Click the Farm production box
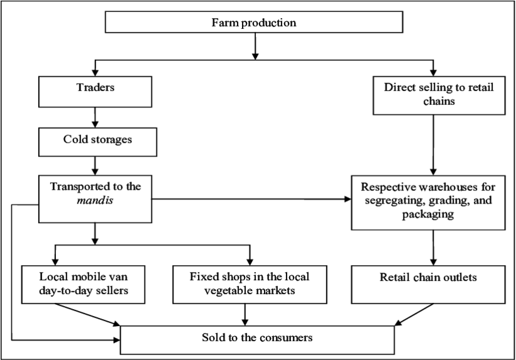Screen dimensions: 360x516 [x=253, y=23]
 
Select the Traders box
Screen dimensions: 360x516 [x=95, y=92]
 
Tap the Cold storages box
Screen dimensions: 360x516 [x=97, y=142]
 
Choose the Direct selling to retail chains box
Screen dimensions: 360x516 [x=439, y=95]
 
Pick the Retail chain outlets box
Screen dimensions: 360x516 [x=428, y=284]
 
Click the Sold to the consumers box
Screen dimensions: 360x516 [x=257, y=339]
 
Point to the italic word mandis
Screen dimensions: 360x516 [x=95, y=200]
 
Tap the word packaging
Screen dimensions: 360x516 [x=427, y=214]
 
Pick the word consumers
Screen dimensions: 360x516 [x=282, y=338]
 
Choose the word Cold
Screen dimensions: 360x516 [x=75, y=139]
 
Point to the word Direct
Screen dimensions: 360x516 [x=400, y=87]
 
